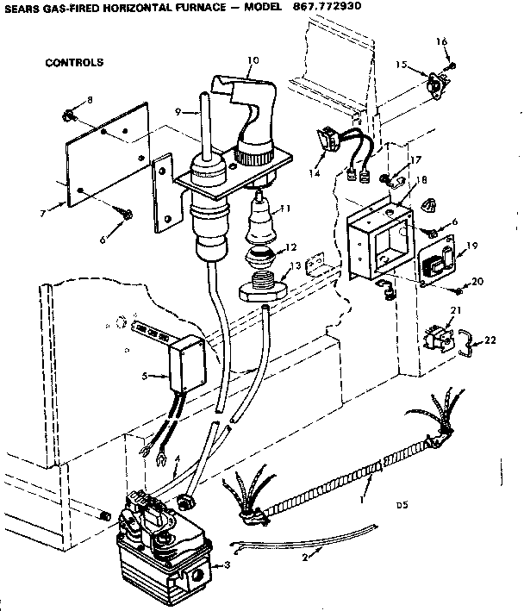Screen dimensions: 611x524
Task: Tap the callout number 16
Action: click(x=441, y=41)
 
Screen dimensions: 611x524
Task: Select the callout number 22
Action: click(x=491, y=341)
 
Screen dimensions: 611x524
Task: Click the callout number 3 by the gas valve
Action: click(x=226, y=565)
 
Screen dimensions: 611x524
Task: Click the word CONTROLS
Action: click(x=73, y=63)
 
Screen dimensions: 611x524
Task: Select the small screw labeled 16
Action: click(x=450, y=66)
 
